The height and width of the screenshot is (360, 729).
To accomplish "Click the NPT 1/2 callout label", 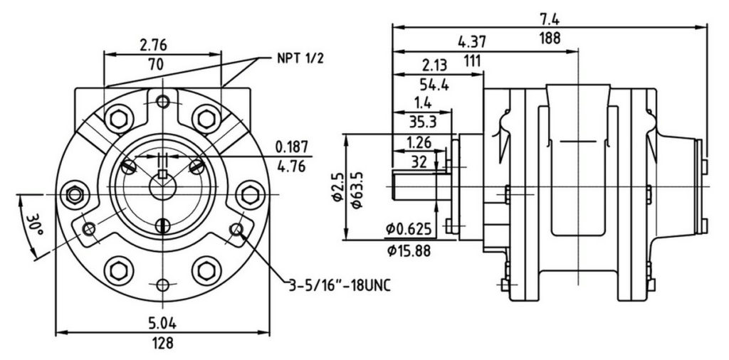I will point(300,58).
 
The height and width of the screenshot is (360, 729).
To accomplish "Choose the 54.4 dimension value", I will point(434,85).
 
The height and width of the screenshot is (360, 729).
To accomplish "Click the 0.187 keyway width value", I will point(292,147).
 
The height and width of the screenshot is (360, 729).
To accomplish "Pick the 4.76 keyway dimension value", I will point(292,169).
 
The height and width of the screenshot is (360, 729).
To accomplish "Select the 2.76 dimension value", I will point(154,45).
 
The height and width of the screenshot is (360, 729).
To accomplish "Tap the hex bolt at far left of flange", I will point(73,194).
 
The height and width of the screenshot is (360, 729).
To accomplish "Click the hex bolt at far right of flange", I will point(250,194).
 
